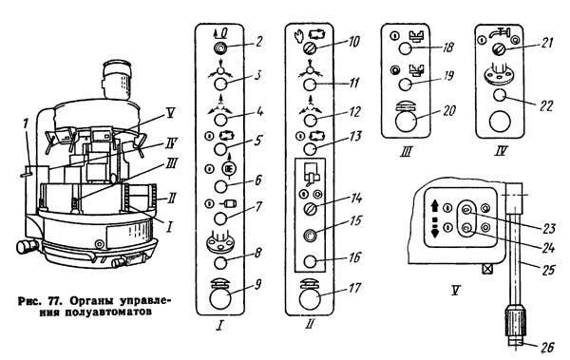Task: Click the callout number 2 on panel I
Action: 258,41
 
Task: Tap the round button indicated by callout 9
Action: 220,297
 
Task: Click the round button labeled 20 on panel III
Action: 406,121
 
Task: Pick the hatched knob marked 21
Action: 499,49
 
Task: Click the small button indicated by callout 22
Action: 500,95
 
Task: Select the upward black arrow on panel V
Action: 435,206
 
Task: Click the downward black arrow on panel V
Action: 435,230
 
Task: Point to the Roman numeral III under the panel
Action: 406,150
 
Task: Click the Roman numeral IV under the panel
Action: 501,150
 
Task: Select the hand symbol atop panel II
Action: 299,36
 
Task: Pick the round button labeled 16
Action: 310,260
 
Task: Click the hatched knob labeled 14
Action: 310,209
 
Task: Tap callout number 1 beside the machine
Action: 26,123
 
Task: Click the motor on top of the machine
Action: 116,81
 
